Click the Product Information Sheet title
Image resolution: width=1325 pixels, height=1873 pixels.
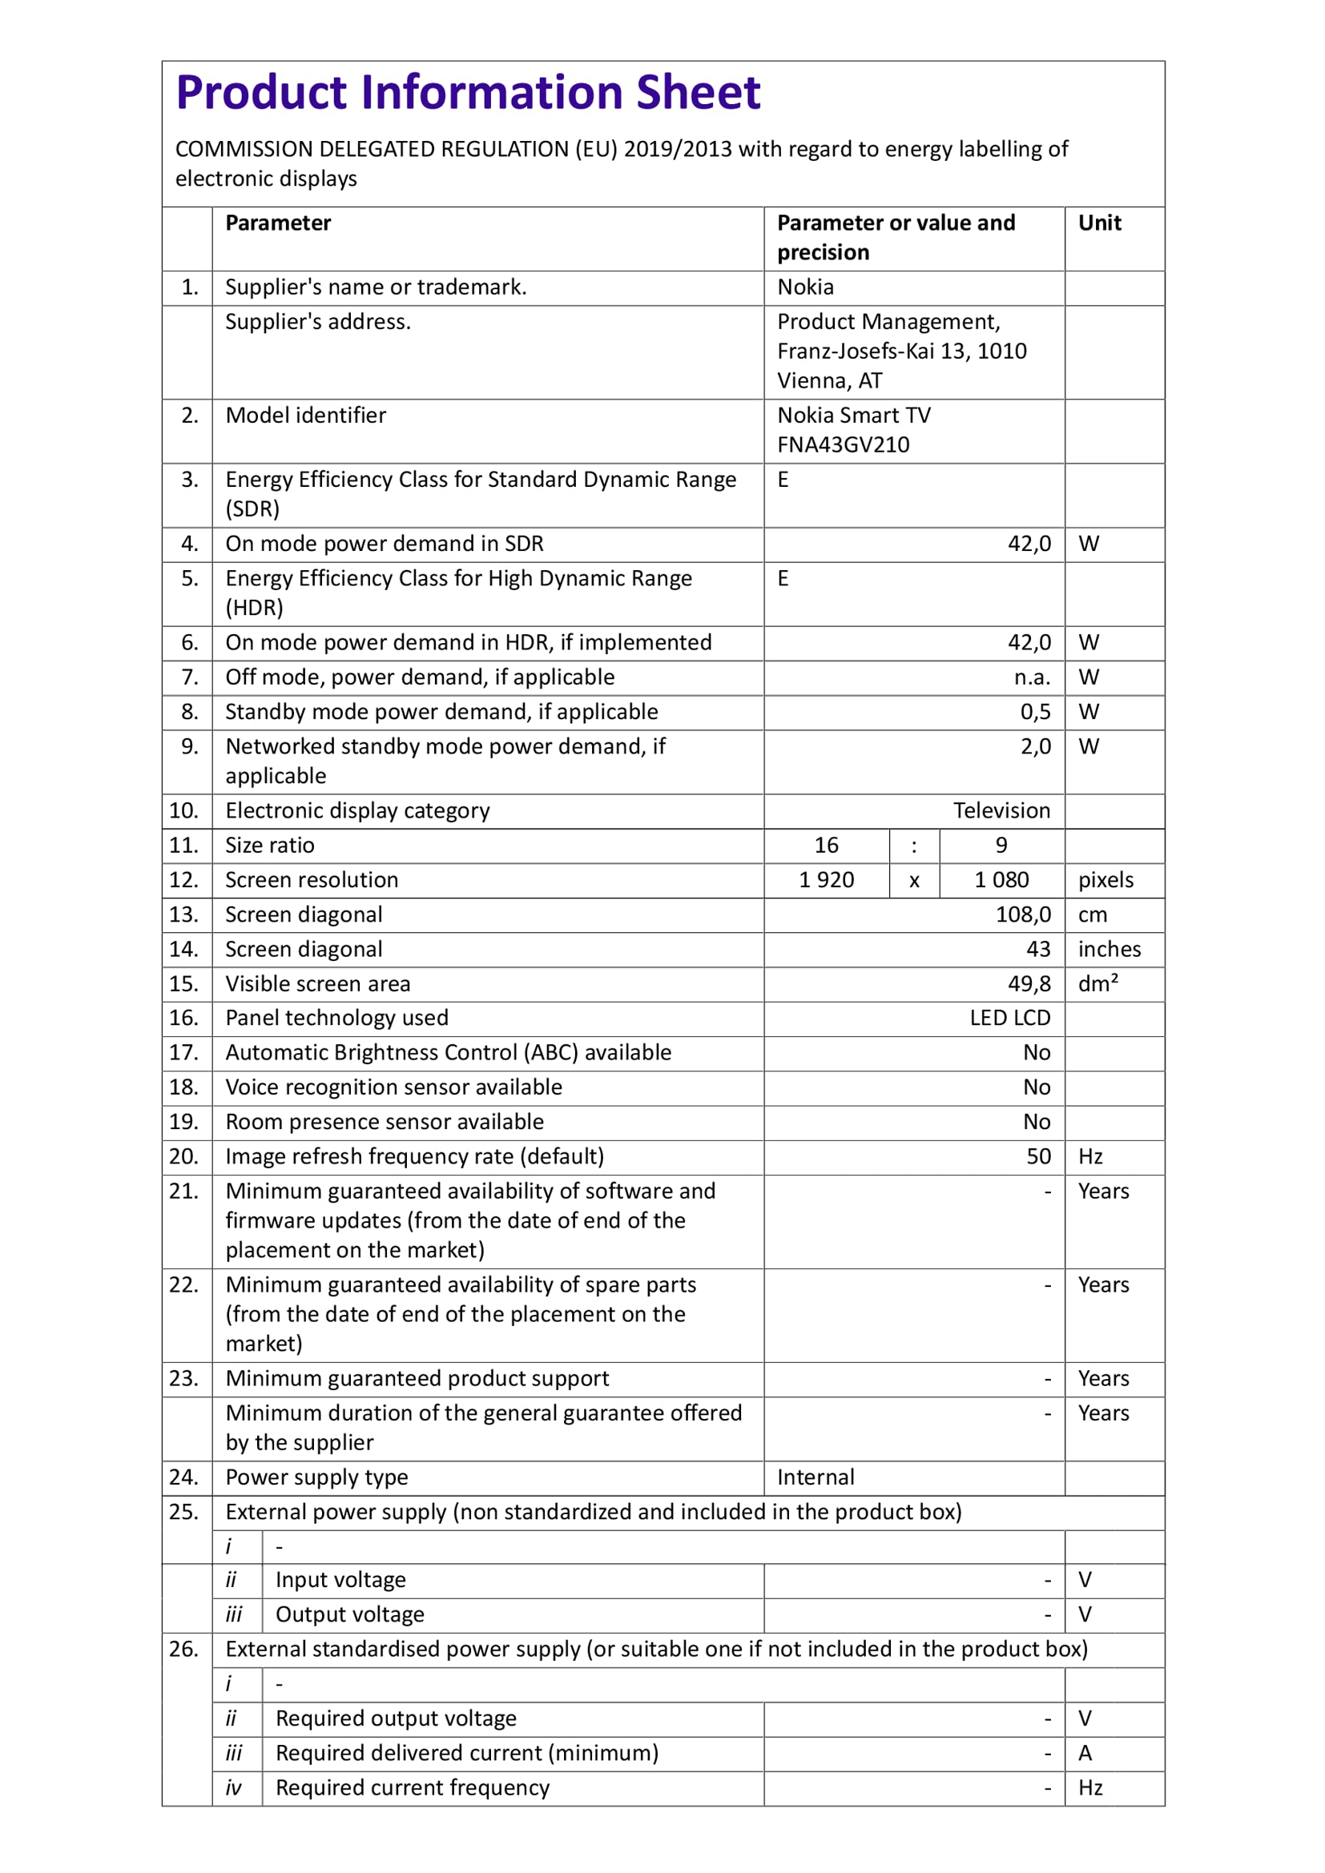[469, 93]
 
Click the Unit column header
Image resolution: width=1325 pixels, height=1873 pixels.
[1099, 223]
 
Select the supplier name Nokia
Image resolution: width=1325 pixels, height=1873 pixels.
[805, 288]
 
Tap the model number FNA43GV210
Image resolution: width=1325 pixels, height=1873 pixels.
[843, 445]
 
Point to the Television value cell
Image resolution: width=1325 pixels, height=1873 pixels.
[1001, 811]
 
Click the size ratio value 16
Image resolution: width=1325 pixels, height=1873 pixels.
[826, 846]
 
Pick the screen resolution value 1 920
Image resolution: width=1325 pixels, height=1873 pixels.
[826, 880]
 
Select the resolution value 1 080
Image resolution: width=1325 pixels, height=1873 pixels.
[1001, 880]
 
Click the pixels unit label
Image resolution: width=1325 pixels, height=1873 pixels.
[1106, 880]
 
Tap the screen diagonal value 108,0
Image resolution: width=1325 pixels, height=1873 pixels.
[1023, 915]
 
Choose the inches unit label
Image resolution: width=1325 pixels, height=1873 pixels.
[1109, 950]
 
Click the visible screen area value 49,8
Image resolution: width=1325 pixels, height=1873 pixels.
[1029, 985]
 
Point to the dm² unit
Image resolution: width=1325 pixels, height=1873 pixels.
[1097, 985]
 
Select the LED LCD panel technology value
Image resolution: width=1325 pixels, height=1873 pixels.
[1009, 1018]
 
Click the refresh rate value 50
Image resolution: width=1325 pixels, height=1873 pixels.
[1037, 1157]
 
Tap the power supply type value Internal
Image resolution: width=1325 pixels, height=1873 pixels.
[815, 1477]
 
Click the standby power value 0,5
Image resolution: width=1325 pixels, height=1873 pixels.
[1035, 712]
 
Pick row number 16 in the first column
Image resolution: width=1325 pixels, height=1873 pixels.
[183, 1018]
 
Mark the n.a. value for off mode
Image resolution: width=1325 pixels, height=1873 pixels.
[1032, 678]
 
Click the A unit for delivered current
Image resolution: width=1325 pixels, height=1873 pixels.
[1085, 1753]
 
